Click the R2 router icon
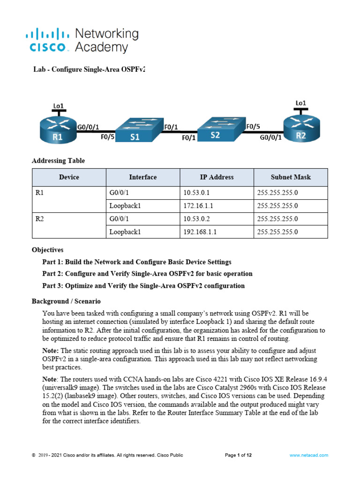click(x=301, y=127)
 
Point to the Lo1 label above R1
click(x=58, y=106)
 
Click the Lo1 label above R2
click(x=301, y=103)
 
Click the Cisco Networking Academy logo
click(x=82, y=40)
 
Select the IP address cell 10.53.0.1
click(x=197, y=192)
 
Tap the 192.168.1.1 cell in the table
click(x=200, y=232)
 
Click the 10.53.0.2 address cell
click(x=197, y=218)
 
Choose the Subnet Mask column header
click(x=291, y=177)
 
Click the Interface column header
click(x=143, y=177)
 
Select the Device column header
click(x=69, y=177)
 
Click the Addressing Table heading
click(x=59, y=161)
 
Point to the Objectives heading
click(x=47, y=250)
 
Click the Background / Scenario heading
click(x=66, y=301)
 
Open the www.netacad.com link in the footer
click(x=308, y=455)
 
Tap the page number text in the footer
click(x=239, y=455)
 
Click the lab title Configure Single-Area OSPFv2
click(x=89, y=69)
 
